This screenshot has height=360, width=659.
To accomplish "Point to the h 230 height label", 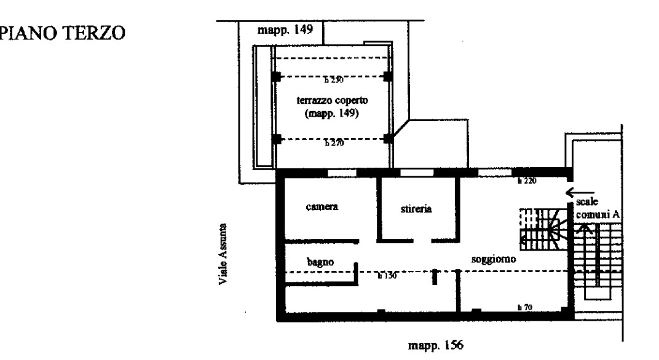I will point(333,80).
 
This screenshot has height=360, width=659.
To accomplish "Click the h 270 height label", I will point(333,143).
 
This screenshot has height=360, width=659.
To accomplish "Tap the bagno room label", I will point(320,262).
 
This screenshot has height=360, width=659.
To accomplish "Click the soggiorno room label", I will point(493,259).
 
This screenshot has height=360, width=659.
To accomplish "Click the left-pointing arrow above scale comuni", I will point(581,190).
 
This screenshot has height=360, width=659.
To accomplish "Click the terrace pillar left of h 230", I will point(276,77).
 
